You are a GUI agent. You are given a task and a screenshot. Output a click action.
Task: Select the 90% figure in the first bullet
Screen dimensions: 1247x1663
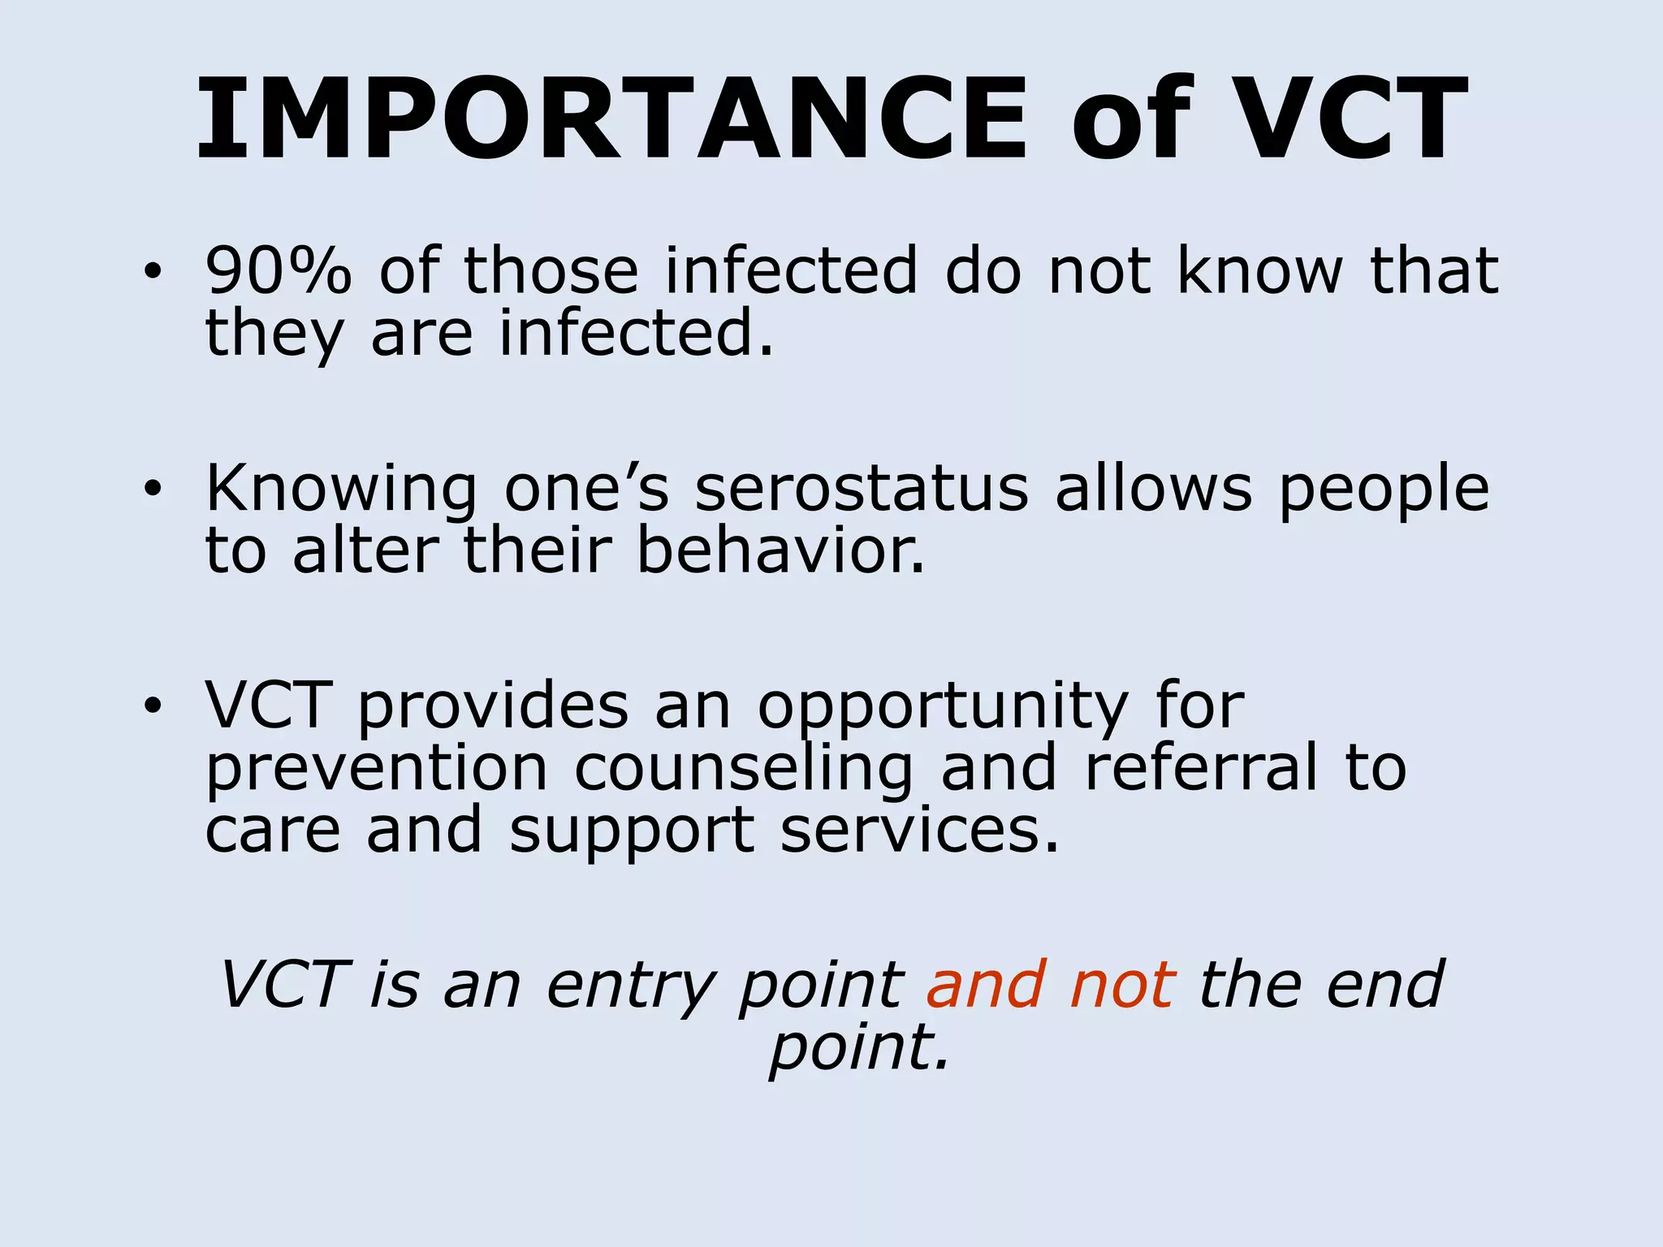(279, 270)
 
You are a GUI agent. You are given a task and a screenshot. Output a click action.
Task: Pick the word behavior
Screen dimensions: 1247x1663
(780, 551)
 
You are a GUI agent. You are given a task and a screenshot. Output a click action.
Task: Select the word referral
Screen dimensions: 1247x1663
(1202, 768)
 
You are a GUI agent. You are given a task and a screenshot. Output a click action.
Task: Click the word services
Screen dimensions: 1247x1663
(920, 830)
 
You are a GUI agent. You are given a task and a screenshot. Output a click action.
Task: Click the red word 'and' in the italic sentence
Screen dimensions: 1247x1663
(985, 985)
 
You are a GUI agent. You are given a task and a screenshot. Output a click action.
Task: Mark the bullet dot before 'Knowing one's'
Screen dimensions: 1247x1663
(152, 490)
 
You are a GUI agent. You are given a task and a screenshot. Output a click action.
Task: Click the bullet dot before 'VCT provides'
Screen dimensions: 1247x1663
(152, 706)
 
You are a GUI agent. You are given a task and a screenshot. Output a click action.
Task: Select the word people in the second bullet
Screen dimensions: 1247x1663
(1384, 490)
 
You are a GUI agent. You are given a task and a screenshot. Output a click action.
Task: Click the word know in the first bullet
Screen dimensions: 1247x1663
(1259, 270)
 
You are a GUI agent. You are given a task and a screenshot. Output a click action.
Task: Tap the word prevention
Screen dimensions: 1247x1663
(377, 769)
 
